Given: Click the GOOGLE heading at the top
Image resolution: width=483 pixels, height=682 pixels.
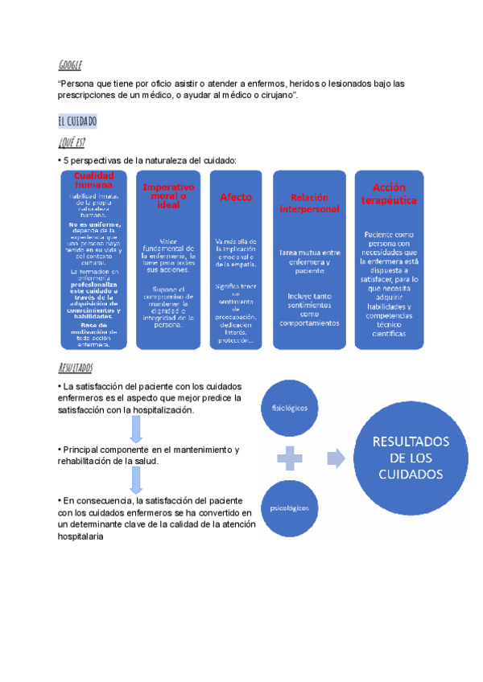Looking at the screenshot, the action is (70, 65).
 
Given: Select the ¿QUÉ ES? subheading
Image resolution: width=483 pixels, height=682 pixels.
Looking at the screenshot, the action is (72, 142).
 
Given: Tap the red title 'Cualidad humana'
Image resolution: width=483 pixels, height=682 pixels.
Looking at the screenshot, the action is (93, 180).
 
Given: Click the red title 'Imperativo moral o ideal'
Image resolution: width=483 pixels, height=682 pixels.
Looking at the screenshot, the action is (168, 195).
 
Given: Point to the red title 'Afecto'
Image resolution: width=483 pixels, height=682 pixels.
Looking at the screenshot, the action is (236, 197).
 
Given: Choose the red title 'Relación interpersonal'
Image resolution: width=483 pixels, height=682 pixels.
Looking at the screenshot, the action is (309, 203).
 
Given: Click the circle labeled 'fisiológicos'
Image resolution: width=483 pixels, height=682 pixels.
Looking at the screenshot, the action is (289, 408).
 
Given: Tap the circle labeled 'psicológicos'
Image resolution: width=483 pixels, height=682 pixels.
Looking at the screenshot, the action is (289, 508).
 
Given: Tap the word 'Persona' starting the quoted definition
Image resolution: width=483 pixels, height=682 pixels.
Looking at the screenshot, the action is (80, 84).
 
